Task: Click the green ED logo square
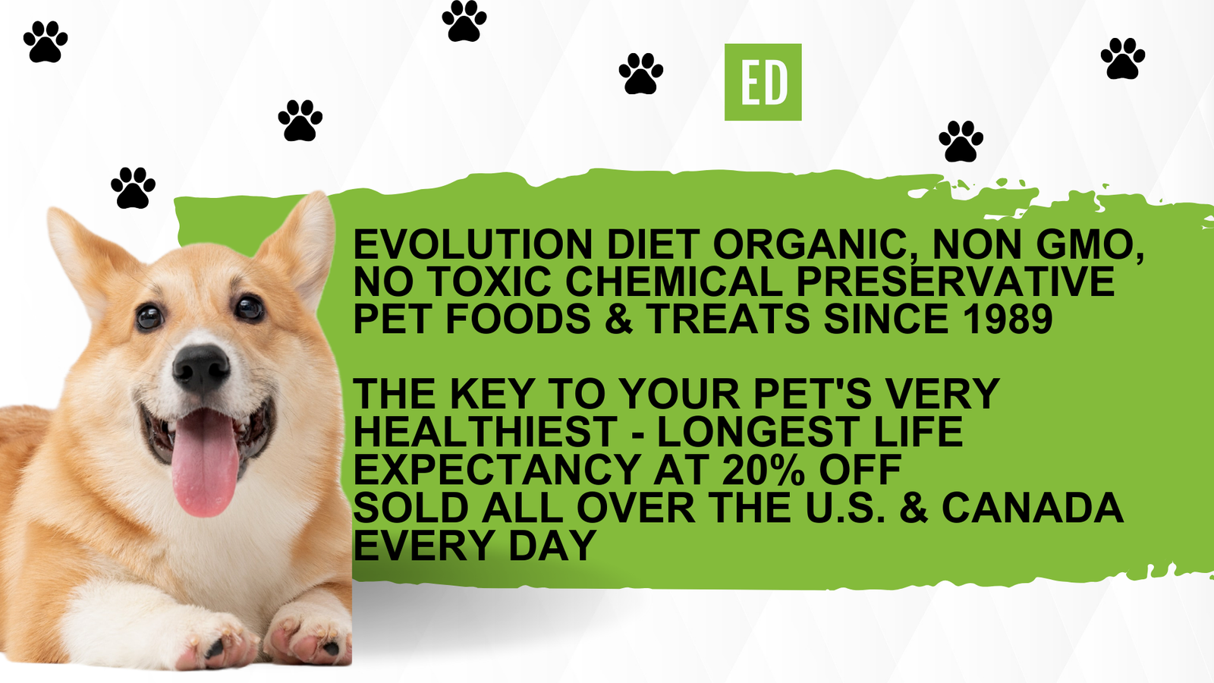pyautogui.click(x=763, y=82)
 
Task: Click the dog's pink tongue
pyautogui.click(x=205, y=463)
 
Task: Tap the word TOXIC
pyautogui.click(x=489, y=282)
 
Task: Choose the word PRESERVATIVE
pyautogui.click(x=955, y=282)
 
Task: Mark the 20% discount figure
pyautogui.click(x=763, y=470)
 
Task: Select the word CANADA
pyautogui.click(x=1032, y=508)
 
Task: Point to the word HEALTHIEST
pyautogui.click(x=485, y=433)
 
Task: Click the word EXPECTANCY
pyautogui.click(x=498, y=470)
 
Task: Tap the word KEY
pyautogui.click(x=492, y=395)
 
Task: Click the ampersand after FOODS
pyautogui.click(x=618, y=319)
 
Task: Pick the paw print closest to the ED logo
pyautogui.click(x=640, y=73)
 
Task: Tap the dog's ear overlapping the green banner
pyautogui.click(x=303, y=243)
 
